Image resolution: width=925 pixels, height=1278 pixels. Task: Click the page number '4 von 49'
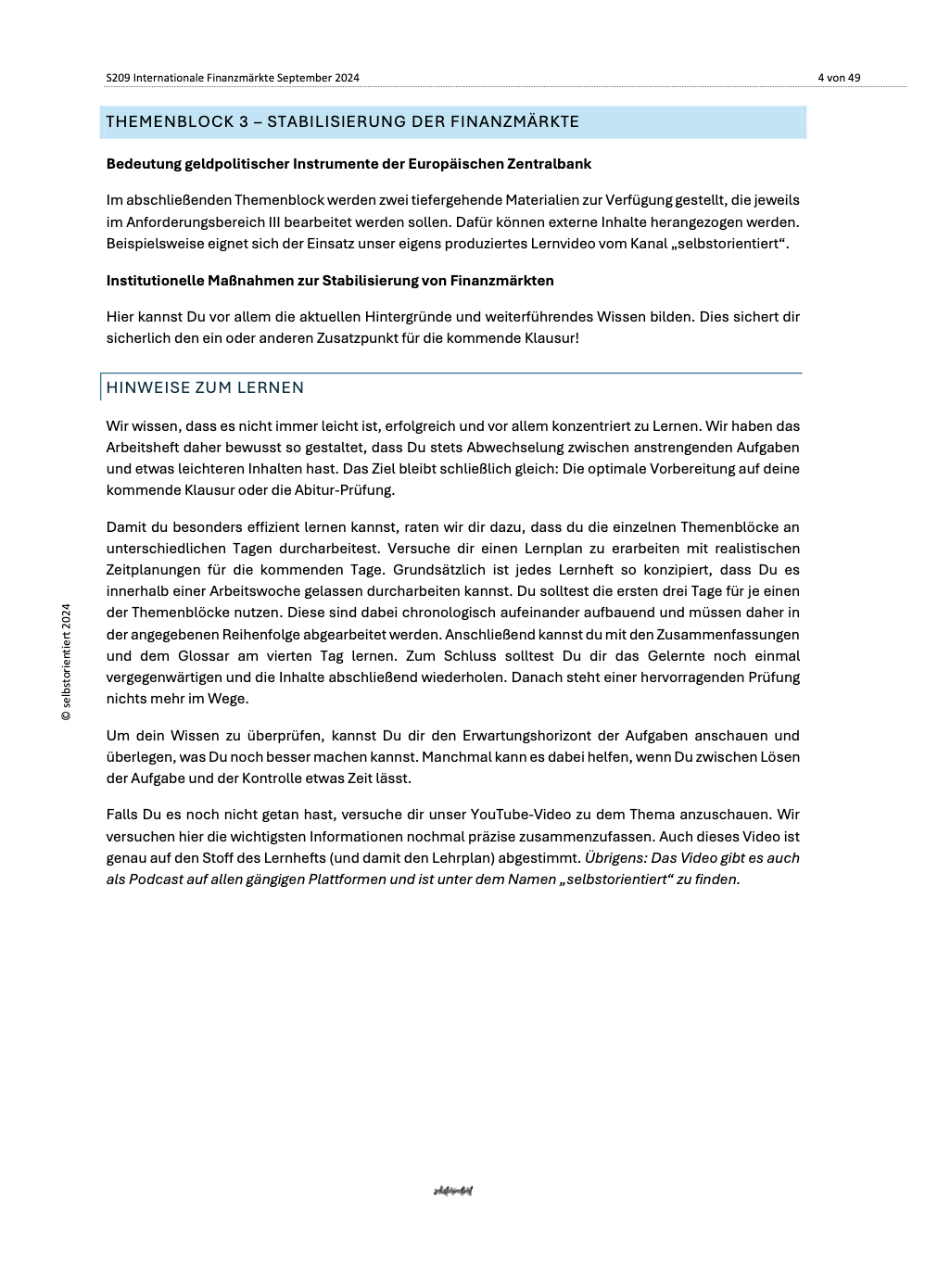(838, 78)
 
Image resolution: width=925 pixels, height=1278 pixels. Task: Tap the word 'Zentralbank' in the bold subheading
(549, 164)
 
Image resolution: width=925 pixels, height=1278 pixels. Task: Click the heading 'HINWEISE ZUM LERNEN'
(205, 388)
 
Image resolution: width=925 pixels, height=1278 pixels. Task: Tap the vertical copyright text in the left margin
(66, 663)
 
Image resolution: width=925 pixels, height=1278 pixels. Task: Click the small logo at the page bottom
(453, 1191)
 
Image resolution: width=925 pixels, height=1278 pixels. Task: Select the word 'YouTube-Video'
(518, 815)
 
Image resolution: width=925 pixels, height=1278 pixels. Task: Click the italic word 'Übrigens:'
(615, 858)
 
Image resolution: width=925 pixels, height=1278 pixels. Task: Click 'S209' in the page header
(118, 78)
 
